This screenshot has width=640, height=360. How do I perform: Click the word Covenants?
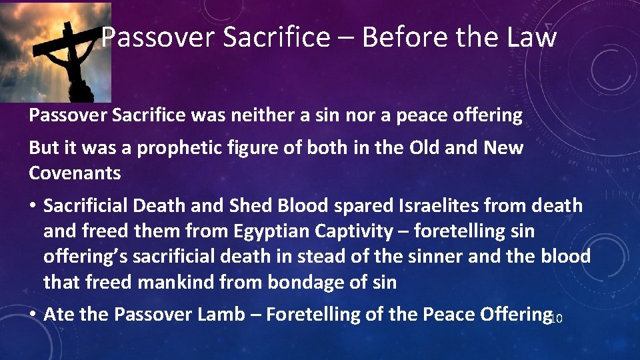[x=75, y=173]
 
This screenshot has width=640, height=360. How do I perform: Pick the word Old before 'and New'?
[x=416, y=148]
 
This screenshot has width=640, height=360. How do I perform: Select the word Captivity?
[x=369, y=231]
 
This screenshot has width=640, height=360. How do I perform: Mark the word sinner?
[x=429, y=257]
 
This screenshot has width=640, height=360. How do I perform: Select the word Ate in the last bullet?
[x=59, y=314]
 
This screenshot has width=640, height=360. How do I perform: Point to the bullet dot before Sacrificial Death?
[x=33, y=207]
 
